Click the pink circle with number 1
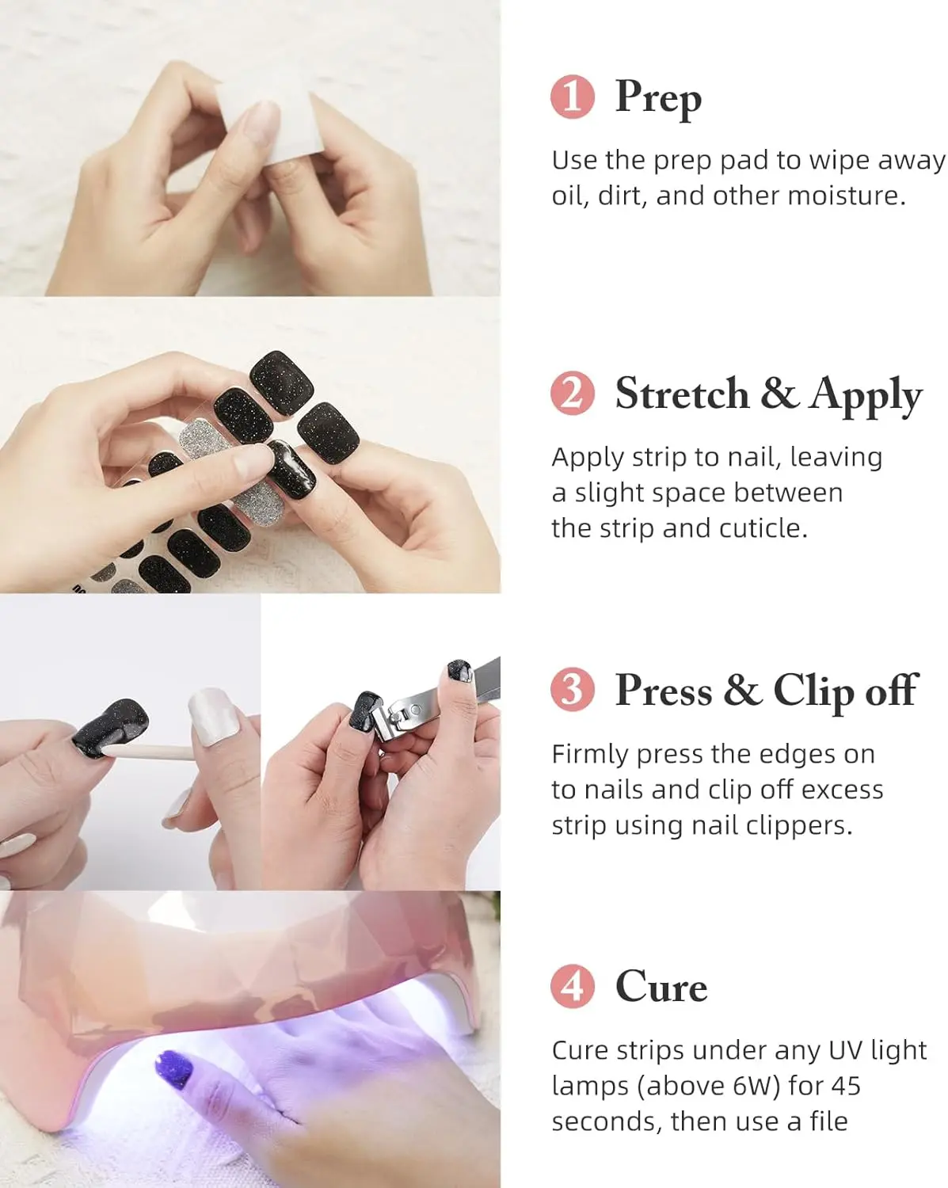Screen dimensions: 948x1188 click(x=572, y=97)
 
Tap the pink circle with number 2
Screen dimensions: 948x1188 click(x=572, y=393)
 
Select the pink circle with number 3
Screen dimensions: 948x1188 click(x=572, y=690)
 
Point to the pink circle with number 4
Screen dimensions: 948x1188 click(x=572, y=986)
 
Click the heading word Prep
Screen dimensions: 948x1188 click(x=658, y=99)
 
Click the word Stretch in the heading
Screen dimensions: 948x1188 click(x=682, y=394)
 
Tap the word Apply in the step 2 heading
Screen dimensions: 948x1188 click(x=865, y=396)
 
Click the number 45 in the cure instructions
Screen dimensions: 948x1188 click(x=845, y=1086)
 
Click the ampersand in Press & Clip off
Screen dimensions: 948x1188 click(x=743, y=690)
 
